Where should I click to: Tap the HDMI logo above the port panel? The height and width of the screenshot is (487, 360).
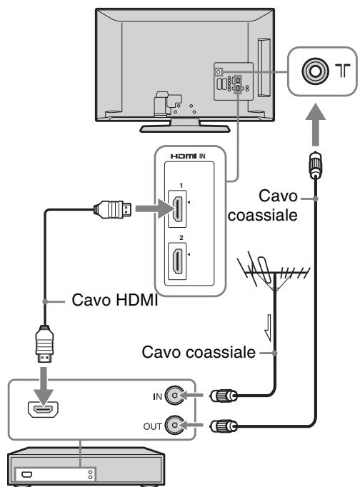coord(184,156)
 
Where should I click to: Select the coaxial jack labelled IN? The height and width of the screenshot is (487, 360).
coord(174,396)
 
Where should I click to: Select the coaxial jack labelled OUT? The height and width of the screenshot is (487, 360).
coord(174,425)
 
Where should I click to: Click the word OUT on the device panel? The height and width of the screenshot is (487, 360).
coord(153,426)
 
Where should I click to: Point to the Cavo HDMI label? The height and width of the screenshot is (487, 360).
coord(115,300)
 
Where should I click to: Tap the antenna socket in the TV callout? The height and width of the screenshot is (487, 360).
coord(315,71)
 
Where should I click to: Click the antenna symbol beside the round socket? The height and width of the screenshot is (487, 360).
coord(343,71)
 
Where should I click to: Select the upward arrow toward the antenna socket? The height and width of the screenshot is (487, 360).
coord(315,125)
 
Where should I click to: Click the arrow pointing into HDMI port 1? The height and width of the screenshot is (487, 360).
coord(154,209)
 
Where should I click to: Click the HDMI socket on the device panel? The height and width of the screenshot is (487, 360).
coord(43,410)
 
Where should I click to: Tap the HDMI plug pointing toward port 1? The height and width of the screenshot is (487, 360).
coord(112,209)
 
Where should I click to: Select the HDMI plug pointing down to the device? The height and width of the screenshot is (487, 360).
coord(45,343)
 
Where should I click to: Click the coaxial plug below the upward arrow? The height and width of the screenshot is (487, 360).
coord(315,165)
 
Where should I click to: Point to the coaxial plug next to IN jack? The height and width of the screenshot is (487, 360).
coord(224,396)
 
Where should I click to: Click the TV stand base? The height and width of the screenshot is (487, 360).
coord(185,128)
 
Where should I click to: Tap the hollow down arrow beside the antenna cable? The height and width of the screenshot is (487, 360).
coord(268,328)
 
